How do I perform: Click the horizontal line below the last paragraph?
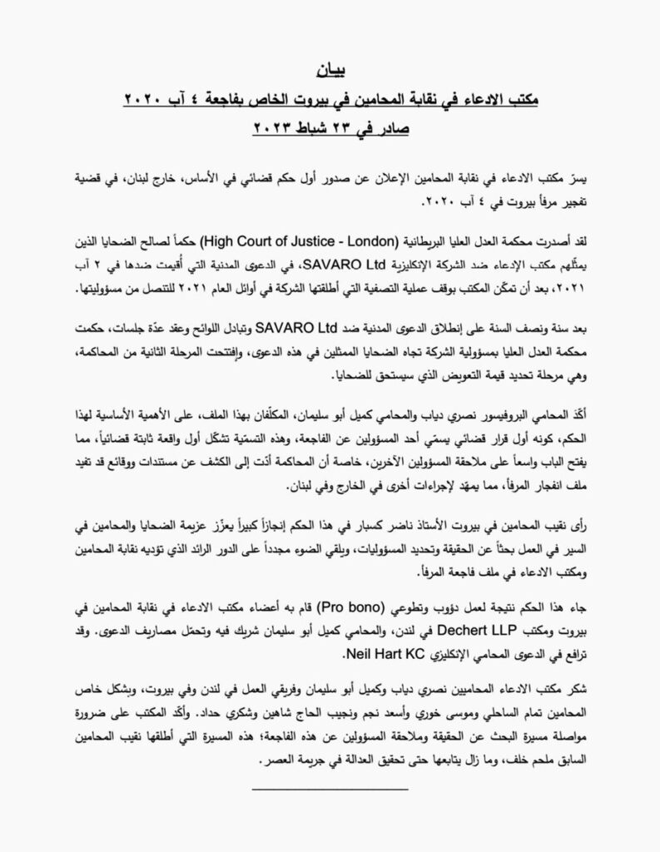click(x=329, y=786)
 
